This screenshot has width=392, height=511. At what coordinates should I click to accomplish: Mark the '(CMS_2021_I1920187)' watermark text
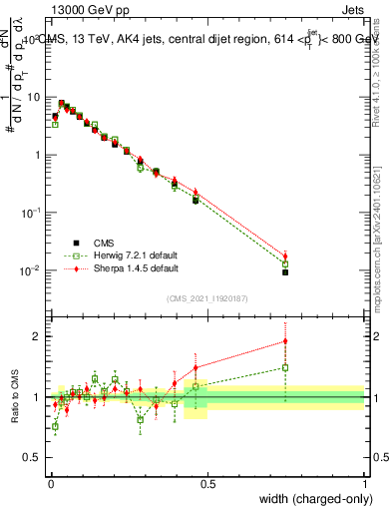[206, 298]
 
